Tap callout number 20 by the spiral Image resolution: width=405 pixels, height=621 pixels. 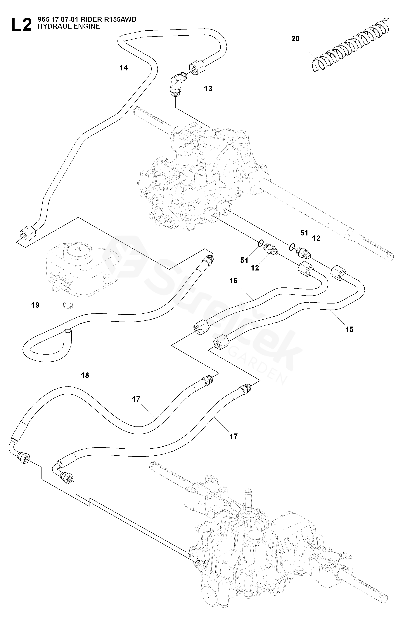click(x=295, y=39)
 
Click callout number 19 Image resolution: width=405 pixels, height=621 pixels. click(x=35, y=305)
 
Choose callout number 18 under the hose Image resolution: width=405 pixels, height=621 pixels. click(x=85, y=375)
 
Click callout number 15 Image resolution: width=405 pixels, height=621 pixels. click(x=349, y=329)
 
